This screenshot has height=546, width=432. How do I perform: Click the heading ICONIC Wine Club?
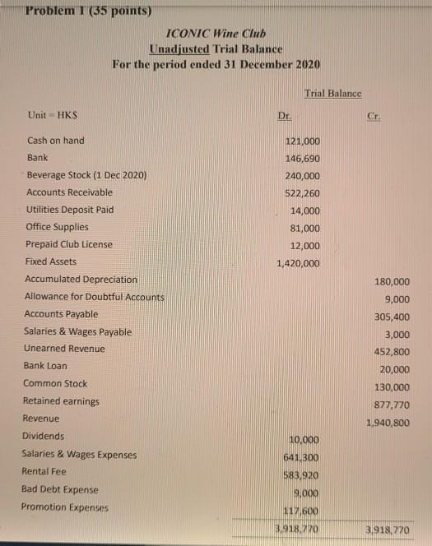point(216,35)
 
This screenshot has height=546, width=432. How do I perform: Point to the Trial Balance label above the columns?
point(332,94)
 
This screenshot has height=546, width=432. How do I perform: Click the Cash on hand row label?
point(55,141)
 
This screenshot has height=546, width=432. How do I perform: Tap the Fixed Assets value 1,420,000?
point(296,264)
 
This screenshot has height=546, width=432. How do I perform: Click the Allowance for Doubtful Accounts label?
point(95,297)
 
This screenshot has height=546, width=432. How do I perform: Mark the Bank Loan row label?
point(46,366)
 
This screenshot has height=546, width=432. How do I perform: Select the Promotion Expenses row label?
point(67,507)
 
